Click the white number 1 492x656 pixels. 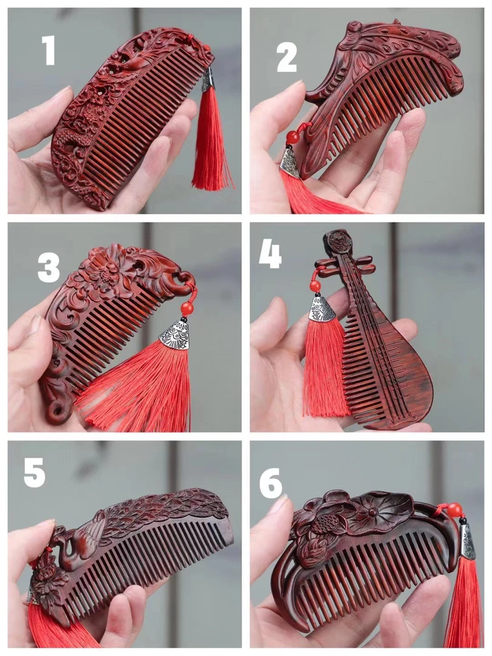[x=49, y=50]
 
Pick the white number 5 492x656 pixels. [x=34, y=473]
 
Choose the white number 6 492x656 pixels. [x=271, y=483]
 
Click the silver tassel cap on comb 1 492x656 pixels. [x=208, y=80]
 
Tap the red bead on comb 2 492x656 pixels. [x=293, y=137]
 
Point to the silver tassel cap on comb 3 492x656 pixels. [x=175, y=334]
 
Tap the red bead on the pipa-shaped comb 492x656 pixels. [x=315, y=286]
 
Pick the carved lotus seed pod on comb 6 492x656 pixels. [x=321, y=523]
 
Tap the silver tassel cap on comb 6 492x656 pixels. [x=468, y=542]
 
